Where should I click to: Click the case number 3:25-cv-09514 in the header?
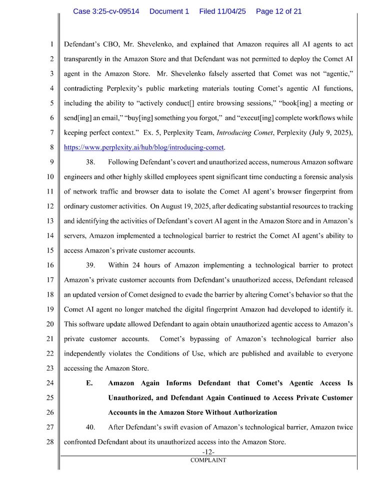click(x=106, y=11)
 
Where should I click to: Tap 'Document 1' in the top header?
click(x=169, y=11)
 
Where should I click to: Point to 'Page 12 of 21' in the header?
click(x=278, y=11)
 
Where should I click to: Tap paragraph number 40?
click(x=91, y=427)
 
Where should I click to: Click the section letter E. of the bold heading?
click(x=89, y=383)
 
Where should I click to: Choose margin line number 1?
click(x=51, y=44)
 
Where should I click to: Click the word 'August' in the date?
click(x=180, y=206)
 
